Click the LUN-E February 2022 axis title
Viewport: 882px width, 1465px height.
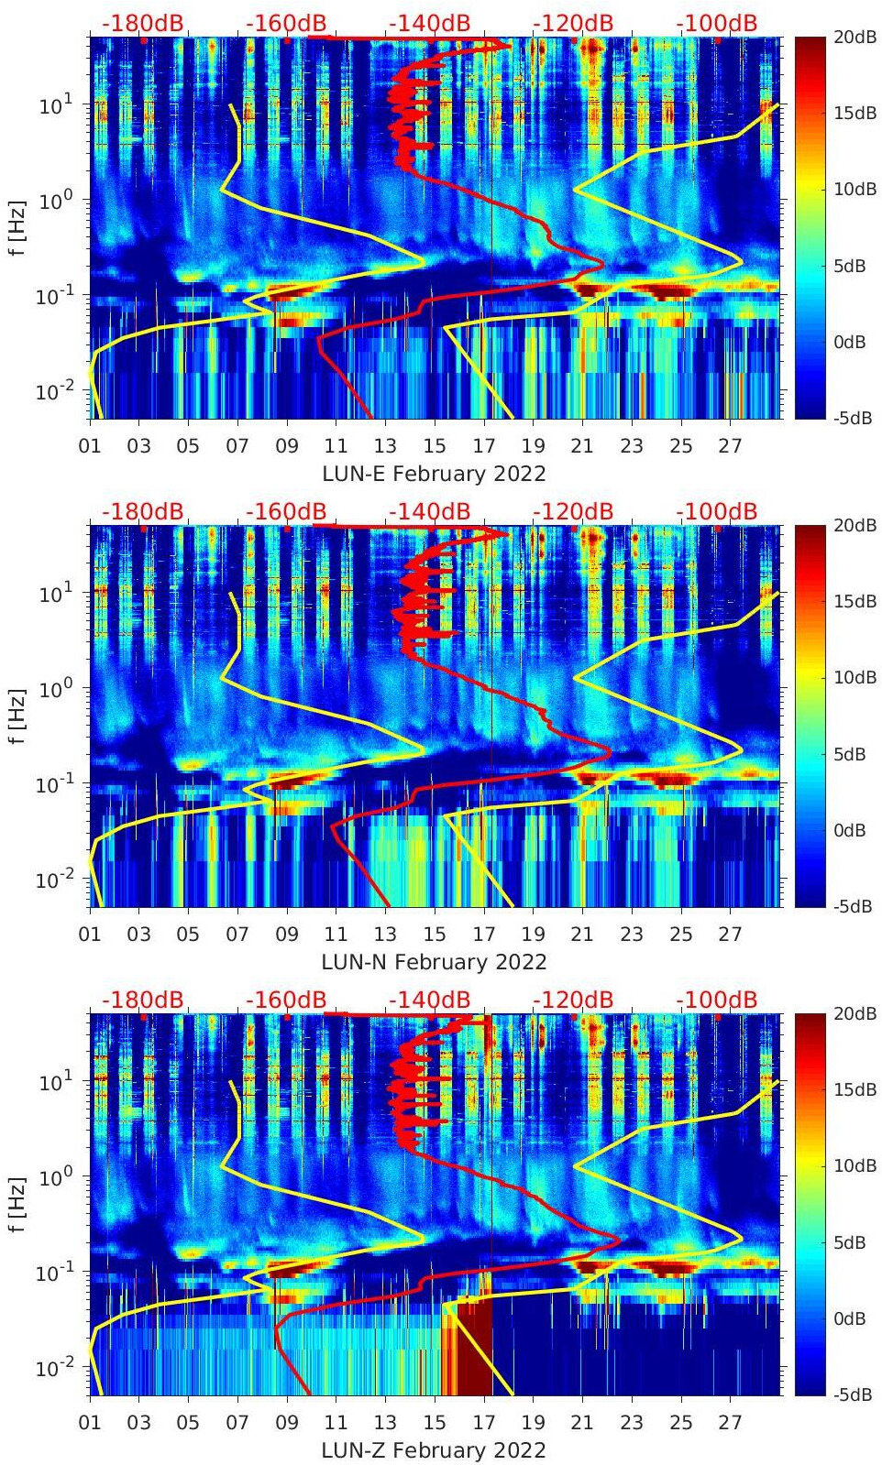[x=434, y=474]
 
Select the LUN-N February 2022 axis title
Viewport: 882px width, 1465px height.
[x=434, y=962]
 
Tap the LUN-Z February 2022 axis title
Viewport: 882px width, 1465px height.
[x=434, y=1450]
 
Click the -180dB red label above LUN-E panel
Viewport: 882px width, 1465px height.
[x=142, y=23]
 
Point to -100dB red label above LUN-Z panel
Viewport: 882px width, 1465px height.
[x=716, y=1000]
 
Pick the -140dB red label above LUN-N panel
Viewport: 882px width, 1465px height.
[x=429, y=511]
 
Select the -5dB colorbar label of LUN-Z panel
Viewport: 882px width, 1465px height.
[x=852, y=1394]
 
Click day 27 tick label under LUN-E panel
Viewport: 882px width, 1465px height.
[x=729, y=446]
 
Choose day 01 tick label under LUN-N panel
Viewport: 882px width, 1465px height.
[x=90, y=935]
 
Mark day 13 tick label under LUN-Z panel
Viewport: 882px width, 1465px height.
[x=385, y=1423]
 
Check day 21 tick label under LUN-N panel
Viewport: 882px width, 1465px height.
[x=581, y=935]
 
